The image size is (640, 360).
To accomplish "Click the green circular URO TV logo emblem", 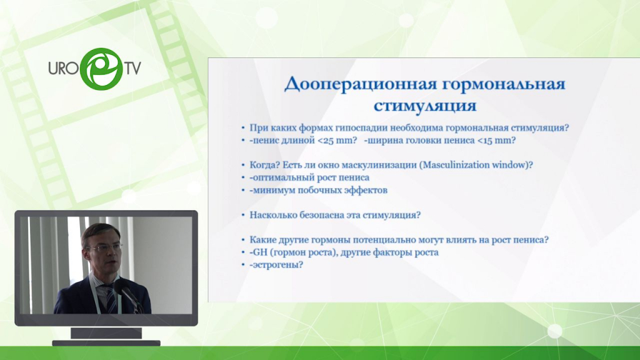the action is click(101, 69).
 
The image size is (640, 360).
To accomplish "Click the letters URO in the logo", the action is click(63, 68).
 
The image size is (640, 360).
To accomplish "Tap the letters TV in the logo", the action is click(132, 68).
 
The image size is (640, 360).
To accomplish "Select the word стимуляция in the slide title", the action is click(425, 106).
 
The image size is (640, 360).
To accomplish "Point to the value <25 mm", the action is click(337, 141).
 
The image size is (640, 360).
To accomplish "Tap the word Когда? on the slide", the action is click(265, 165).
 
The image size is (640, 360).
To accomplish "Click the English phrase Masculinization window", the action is click(476, 165).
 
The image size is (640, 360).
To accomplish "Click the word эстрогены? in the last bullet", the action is click(278, 265).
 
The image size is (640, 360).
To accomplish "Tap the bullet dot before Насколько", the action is click(244, 216).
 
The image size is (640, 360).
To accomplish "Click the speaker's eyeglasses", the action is click(104, 247).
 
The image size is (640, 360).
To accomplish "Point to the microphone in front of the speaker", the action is click(128, 294).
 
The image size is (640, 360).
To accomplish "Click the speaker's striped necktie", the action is click(110, 300).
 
